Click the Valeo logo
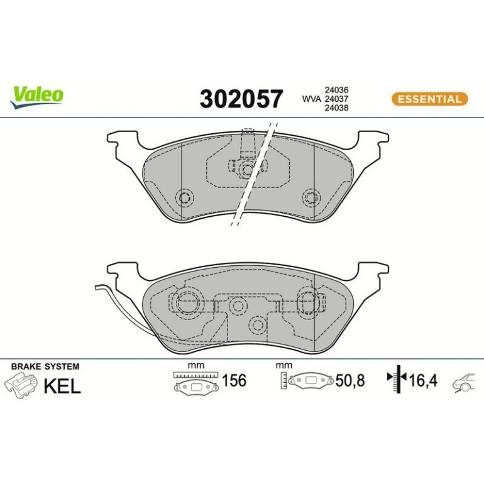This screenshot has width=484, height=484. click(36, 97)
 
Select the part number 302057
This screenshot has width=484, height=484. click(241, 99)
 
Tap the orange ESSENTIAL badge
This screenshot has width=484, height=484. click(429, 99)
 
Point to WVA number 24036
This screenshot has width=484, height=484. click(336, 90)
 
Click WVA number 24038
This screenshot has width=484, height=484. click(336, 107)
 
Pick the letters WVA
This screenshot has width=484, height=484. click(311, 99)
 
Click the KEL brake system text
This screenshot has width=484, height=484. click(62, 385)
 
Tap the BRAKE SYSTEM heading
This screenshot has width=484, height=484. click(45, 366)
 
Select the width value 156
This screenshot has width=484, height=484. click(234, 380)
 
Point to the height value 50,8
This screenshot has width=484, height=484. click(350, 380)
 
